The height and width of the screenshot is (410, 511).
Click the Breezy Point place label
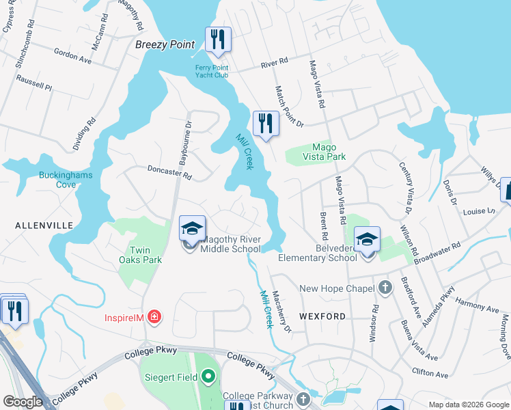[165, 44]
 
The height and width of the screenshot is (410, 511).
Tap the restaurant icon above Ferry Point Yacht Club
[218, 40]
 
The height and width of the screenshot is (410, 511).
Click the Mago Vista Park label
[329, 152]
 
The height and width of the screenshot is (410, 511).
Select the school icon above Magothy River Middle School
[193, 228]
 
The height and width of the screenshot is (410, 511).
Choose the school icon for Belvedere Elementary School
[367, 239]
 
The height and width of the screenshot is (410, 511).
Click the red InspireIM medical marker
[155, 316]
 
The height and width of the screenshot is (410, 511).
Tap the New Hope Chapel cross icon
[385, 288]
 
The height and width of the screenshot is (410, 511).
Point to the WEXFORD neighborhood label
[322, 316]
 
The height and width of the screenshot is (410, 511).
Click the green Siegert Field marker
[208, 377]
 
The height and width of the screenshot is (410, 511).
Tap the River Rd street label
[274, 66]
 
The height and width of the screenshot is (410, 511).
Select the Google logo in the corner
[23, 402]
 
